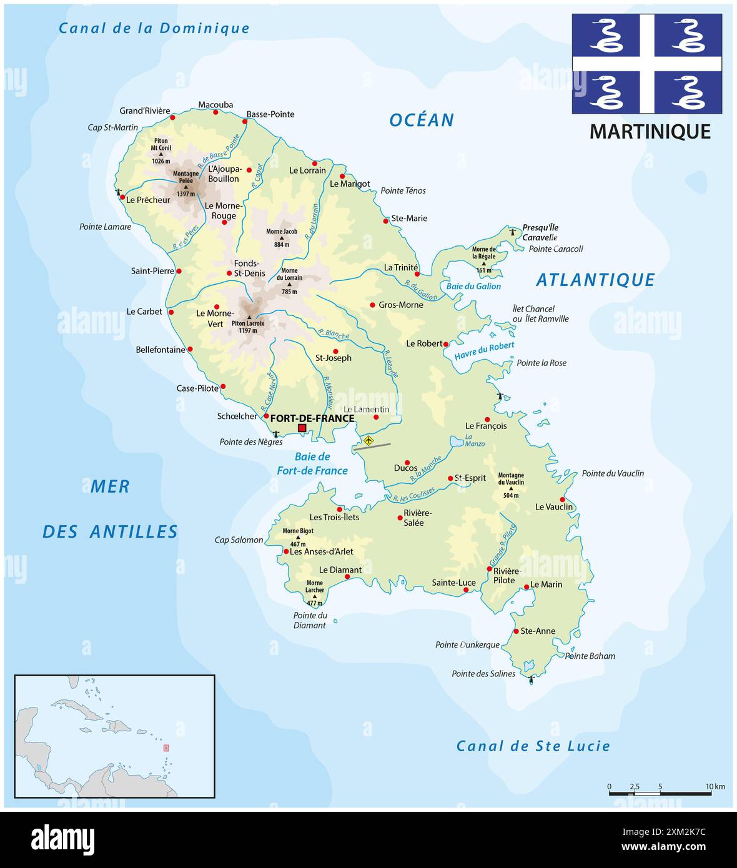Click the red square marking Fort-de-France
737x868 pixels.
[302, 428]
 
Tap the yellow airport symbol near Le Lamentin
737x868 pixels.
[368, 441]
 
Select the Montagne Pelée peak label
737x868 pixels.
[185, 179]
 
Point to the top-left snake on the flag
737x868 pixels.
[606, 36]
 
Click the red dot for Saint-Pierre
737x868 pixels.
[179, 271]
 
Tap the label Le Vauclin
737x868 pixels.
[553, 507]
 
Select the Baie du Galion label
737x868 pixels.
[473, 286]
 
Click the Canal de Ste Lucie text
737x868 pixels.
[533, 746]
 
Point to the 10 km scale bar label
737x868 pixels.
[715, 786]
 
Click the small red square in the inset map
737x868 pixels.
[166, 747]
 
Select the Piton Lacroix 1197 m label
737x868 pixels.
[248, 327]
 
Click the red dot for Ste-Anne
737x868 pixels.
[516, 631]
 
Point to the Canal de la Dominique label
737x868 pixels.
[154, 28]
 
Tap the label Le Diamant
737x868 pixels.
[340, 570]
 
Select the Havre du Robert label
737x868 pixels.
[484, 351]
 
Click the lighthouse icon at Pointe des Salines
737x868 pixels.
[531, 679]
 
